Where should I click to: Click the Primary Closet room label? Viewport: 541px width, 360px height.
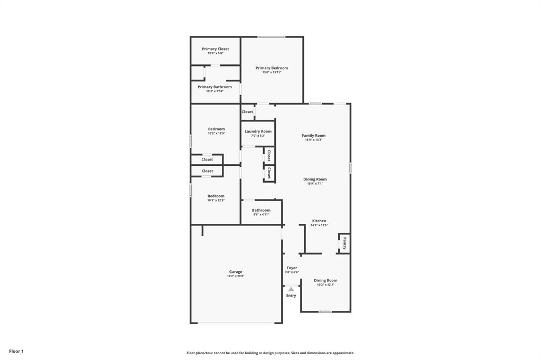pos(215,49)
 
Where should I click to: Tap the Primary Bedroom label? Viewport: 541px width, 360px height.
pos(272,68)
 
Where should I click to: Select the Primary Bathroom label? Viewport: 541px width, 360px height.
pos(214,87)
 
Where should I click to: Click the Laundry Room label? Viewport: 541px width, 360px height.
pos(258,131)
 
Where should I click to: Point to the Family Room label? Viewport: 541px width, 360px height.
pos(313,136)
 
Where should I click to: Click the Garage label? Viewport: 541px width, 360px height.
pos(236,272)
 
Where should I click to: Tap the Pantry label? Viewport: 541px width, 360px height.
pos(344,243)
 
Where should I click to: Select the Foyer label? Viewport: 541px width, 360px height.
pos(292,268)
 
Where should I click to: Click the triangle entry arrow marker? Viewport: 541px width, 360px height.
pos(291,289)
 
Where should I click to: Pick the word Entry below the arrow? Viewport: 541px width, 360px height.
pos(291,296)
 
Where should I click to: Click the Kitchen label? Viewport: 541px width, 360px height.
pos(319,221)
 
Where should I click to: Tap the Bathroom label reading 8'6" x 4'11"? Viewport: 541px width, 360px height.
pos(261,210)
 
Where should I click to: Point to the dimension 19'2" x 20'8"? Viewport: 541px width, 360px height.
pos(236,276)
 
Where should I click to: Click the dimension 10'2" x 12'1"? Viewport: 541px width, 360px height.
pos(325,285)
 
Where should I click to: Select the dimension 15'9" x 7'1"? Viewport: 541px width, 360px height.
pos(315,184)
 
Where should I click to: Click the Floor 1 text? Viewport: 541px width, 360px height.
pos(16,351)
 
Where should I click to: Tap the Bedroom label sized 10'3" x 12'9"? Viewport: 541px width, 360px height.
pos(216,129)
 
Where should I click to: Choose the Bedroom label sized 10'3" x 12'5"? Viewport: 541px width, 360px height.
pos(216,196)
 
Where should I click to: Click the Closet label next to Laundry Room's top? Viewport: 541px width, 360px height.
pos(247,112)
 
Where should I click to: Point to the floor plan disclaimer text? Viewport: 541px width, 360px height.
pos(270,353)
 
